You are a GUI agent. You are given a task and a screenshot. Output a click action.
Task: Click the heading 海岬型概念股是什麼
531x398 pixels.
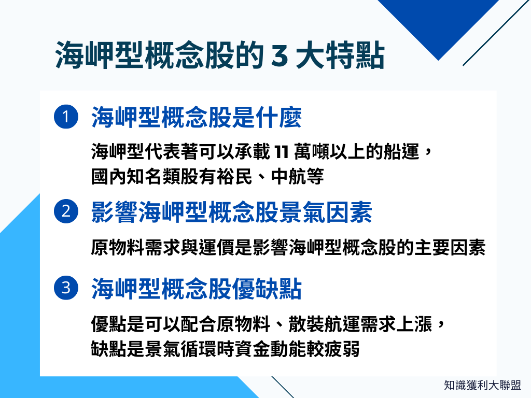point(197,117)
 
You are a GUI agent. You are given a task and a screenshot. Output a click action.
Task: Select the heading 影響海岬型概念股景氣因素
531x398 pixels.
point(231,211)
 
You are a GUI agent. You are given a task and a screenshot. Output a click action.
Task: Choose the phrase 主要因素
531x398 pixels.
point(451,248)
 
